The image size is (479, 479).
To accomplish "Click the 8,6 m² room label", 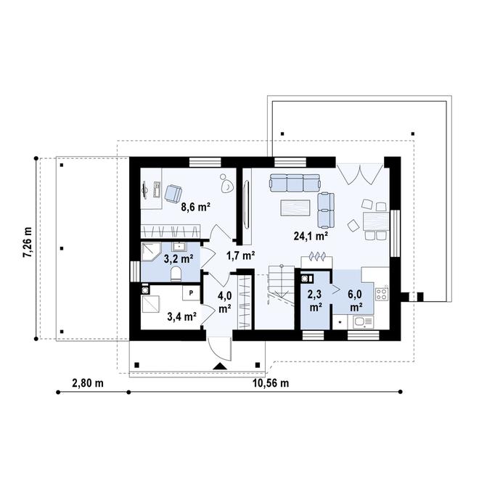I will [x=195, y=207].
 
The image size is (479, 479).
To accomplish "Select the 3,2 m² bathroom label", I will [x=177, y=258].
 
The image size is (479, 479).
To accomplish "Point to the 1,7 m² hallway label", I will [x=240, y=255].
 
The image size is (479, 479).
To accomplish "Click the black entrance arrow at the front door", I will [x=218, y=367].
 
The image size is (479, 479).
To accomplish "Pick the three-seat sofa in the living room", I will [x=294, y=181].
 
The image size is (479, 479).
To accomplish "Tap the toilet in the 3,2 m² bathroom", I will [x=175, y=274].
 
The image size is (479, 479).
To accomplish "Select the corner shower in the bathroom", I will [x=150, y=253].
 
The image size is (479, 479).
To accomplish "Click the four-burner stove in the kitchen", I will [x=382, y=294].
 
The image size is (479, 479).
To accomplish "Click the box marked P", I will [x=191, y=292].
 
